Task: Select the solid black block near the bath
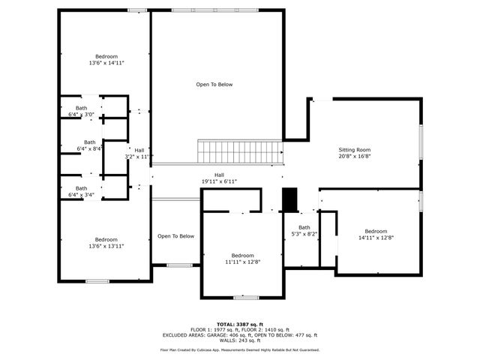289,199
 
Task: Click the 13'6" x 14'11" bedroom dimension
106,63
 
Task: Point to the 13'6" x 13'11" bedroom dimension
106,246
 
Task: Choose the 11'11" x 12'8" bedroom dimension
242,262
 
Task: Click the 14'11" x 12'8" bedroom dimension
376,238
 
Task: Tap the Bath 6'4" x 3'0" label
80,112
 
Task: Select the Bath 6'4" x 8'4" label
90,145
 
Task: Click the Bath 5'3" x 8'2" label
304,231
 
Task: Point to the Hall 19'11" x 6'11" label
219,178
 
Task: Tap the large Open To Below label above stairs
214,85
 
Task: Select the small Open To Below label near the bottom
175,236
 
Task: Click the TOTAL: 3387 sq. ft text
240,324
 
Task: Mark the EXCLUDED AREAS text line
240,335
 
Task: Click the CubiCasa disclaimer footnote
240,349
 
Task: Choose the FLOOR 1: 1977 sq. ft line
240,329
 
